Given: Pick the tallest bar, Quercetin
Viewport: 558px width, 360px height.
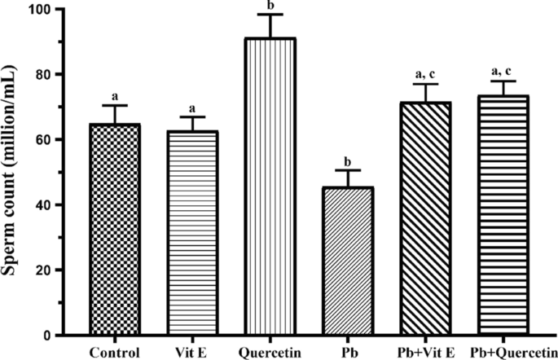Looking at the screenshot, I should click(x=270, y=187).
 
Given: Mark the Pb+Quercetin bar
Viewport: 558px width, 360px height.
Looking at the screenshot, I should click(x=503, y=216).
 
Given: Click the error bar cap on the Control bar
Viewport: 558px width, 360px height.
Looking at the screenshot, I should click(x=114, y=106).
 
